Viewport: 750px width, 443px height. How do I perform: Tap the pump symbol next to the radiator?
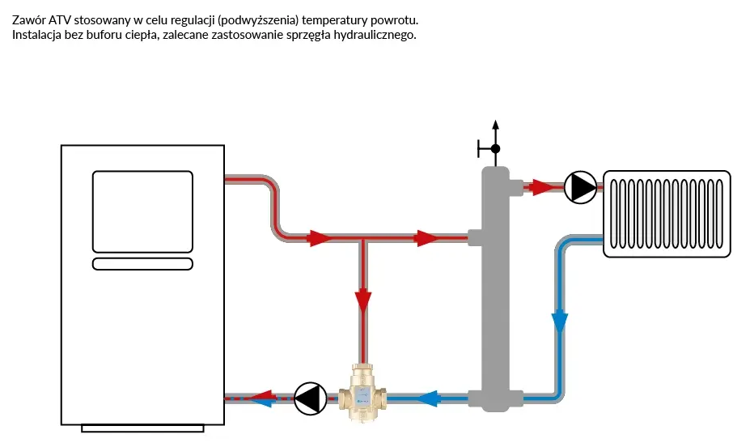[x=579, y=188]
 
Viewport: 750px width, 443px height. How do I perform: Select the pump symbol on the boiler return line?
[x=309, y=398]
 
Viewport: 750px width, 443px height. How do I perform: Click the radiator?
[x=667, y=214]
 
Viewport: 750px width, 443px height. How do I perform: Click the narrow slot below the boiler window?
[x=142, y=263]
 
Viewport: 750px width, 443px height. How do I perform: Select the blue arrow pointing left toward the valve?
[x=427, y=398]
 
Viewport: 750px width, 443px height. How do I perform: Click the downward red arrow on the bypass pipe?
[x=362, y=300]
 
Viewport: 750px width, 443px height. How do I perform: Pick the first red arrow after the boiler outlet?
[x=320, y=238]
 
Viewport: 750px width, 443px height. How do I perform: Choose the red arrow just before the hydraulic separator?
[x=427, y=238]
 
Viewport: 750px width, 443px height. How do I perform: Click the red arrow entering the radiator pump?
[x=543, y=188]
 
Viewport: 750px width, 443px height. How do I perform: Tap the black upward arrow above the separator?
[x=495, y=127]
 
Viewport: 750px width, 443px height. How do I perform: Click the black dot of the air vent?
[x=495, y=149]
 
